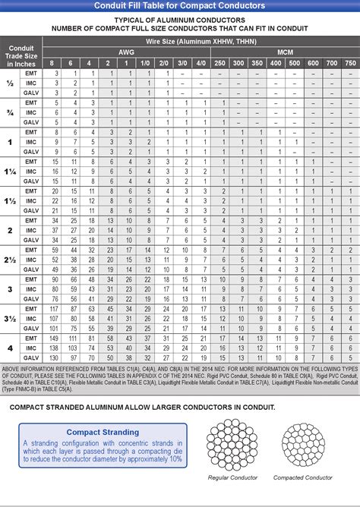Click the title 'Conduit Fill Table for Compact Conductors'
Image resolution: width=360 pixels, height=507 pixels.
coord(180,6)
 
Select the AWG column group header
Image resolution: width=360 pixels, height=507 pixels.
coord(128,51)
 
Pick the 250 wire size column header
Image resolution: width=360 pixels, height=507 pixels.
coord(219,61)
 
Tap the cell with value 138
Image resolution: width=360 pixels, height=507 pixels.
coord(53,348)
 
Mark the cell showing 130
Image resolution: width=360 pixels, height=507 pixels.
coord(53,357)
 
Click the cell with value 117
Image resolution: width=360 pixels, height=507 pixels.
coord(53,309)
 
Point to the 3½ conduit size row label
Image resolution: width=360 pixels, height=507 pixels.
coord(11,319)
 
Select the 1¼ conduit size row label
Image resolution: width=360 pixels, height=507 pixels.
coord(11,172)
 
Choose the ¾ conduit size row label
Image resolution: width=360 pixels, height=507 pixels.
coord(11,112)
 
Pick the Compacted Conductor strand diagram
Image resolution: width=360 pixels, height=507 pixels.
coord(303,444)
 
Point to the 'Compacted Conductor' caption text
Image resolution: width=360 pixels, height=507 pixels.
coord(303,478)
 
